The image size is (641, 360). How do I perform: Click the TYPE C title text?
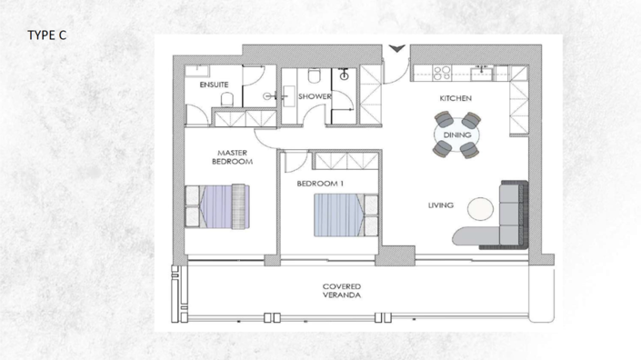[46, 35]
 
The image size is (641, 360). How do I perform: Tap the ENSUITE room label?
[214, 84]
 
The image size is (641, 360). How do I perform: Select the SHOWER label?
[315, 95]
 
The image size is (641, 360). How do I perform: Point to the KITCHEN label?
[456, 97]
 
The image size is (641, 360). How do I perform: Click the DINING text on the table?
[456, 135]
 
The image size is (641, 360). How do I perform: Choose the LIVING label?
[441, 205]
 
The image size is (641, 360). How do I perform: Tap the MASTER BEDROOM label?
[233, 157]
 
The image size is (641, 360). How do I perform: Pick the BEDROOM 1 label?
[320, 183]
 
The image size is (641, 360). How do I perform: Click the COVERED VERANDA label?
[342, 291]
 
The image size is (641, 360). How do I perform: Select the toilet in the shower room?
[311, 75]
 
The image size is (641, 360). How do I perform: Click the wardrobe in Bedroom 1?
[345, 160]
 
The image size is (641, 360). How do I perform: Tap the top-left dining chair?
[443, 120]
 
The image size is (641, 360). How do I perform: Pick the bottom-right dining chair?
[470, 149]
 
